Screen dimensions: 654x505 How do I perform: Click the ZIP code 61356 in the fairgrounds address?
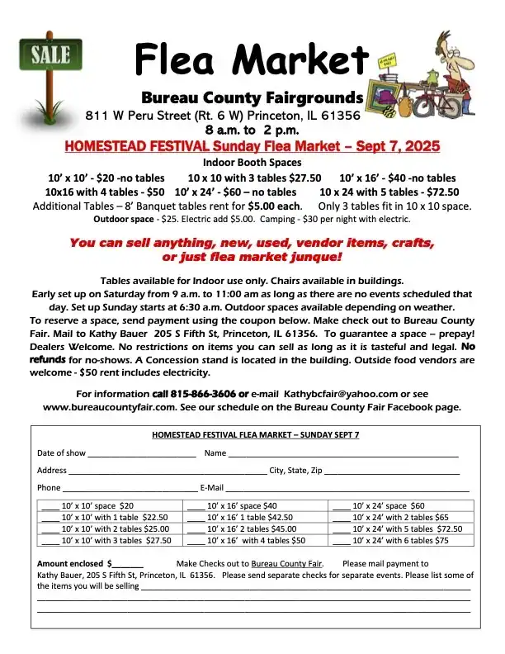[337, 116]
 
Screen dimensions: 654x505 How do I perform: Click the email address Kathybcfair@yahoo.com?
[341, 393]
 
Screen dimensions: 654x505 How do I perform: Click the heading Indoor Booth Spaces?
[252, 163]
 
